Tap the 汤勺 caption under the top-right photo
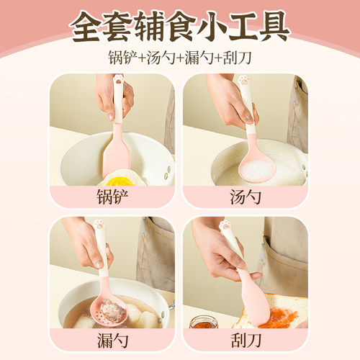click(x=246, y=196)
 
